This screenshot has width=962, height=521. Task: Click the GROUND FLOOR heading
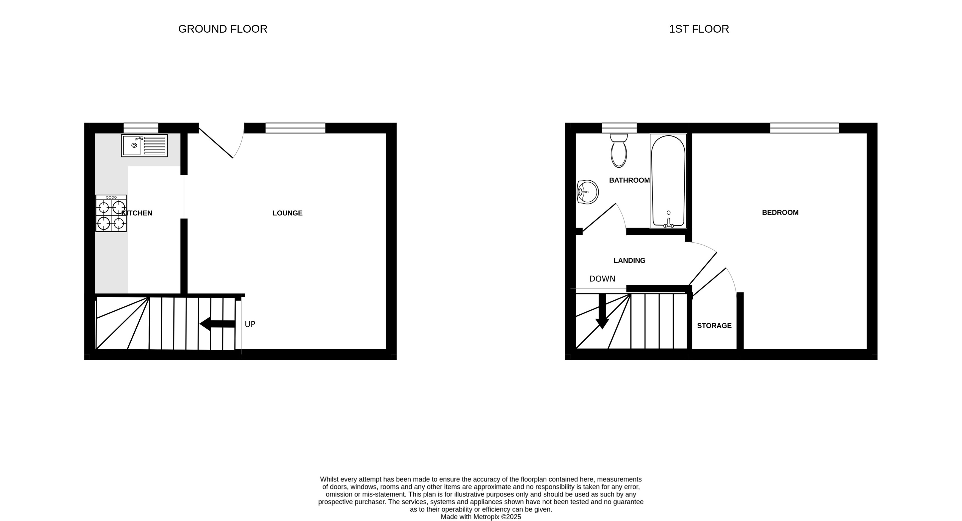tap(223, 29)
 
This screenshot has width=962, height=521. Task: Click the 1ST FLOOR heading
tap(699, 29)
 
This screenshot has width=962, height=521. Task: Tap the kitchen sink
tap(144, 145)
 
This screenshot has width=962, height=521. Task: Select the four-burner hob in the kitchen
tap(111, 213)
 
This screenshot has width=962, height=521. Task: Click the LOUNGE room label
tap(287, 213)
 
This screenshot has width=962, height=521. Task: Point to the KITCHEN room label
tap(137, 213)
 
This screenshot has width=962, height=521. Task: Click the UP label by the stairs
tap(250, 324)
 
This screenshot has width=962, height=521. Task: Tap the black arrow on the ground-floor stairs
tap(217, 324)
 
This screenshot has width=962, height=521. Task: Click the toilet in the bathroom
tap(619, 151)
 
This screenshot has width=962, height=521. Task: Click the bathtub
tap(668, 181)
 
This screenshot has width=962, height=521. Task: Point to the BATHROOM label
tap(629, 180)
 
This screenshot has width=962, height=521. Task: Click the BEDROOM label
tap(780, 212)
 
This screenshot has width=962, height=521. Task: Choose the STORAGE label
tap(714, 326)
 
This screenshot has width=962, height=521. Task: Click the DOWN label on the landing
tap(602, 279)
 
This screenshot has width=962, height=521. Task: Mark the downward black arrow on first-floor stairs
tap(602, 312)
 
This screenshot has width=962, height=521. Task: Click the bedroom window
tap(805, 128)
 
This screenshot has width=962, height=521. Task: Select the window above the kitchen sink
tap(141, 128)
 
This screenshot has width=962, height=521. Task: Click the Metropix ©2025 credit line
tap(481, 517)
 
